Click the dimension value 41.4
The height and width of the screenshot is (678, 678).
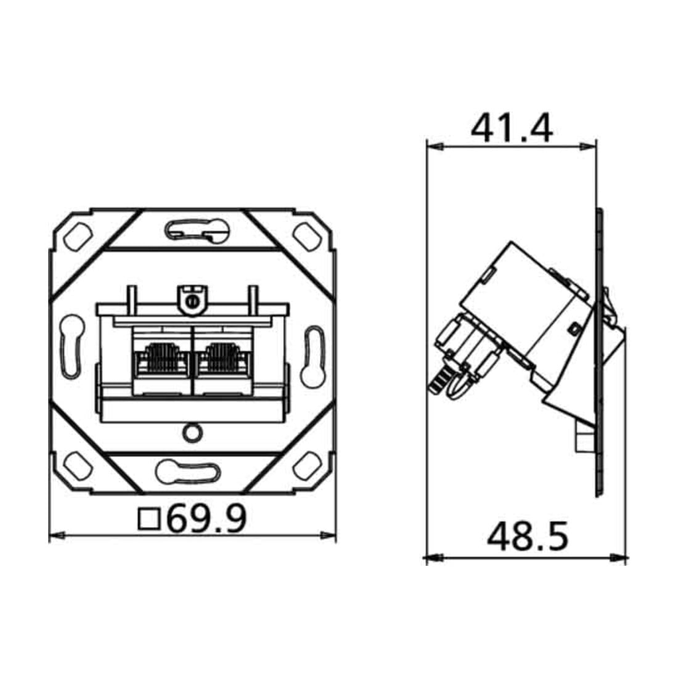pos(512,128)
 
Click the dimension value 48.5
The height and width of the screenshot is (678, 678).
pos(528,537)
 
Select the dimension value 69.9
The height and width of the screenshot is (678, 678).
pos(206,518)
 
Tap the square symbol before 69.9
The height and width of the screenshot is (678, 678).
pos(149,520)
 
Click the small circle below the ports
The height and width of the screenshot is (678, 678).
pos(192,433)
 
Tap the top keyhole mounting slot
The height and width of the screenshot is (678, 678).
pos(197,230)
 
